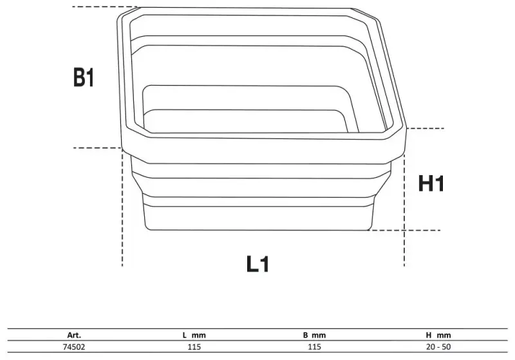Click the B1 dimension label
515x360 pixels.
click(84, 79)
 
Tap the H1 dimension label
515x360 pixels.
click(431, 184)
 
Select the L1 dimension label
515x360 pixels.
click(257, 264)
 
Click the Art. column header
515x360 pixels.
click(74, 335)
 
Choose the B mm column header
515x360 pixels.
click(315, 335)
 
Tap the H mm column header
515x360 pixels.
click(440, 335)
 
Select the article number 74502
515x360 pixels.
click(74, 346)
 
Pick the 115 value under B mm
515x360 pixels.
click(315, 346)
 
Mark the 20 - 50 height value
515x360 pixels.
click(440, 346)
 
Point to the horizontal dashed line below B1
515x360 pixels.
click(97, 148)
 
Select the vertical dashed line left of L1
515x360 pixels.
click(122, 213)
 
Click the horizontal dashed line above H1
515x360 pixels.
click(422, 129)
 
